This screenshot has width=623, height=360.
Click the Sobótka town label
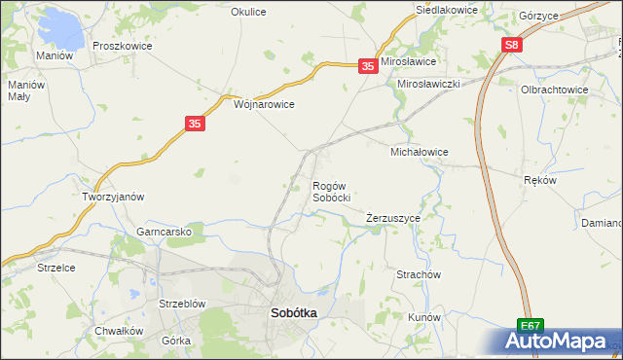tap(292, 313)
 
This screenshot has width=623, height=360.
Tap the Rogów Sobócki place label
tap(331, 191)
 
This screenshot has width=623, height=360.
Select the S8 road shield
tap(513, 46)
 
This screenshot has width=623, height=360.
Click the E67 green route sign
tap(530, 327)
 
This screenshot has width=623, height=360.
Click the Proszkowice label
tap(120, 46)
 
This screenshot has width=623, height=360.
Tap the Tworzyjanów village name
tap(113, 197)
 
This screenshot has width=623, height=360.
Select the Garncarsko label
tap(170, 233)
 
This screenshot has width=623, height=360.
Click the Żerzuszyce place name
tap(393, 219)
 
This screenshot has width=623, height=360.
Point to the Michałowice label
tap(419, 153)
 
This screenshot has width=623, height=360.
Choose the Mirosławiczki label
tap(428, 85)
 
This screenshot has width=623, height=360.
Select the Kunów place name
tap(424, 318)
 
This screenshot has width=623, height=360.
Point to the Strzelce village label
tap(56, 267)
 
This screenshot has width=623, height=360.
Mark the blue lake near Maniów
tap(63, 29)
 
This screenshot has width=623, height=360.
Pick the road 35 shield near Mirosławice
tap(367, 65)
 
